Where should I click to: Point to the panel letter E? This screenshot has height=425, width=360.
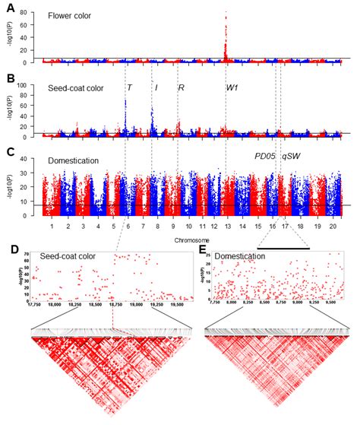pyautogui.click(x=200, y=249)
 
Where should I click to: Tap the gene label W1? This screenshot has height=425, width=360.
pyautogui.click(x=232, y=87)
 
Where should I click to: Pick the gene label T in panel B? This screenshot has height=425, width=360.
pyautogui.click(x=129, y=87)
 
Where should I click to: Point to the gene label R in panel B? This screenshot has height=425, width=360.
pyautogui.click(x=181, y=87)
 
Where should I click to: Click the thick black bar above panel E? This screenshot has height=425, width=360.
pyautogui.click(x=284, y=248)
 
